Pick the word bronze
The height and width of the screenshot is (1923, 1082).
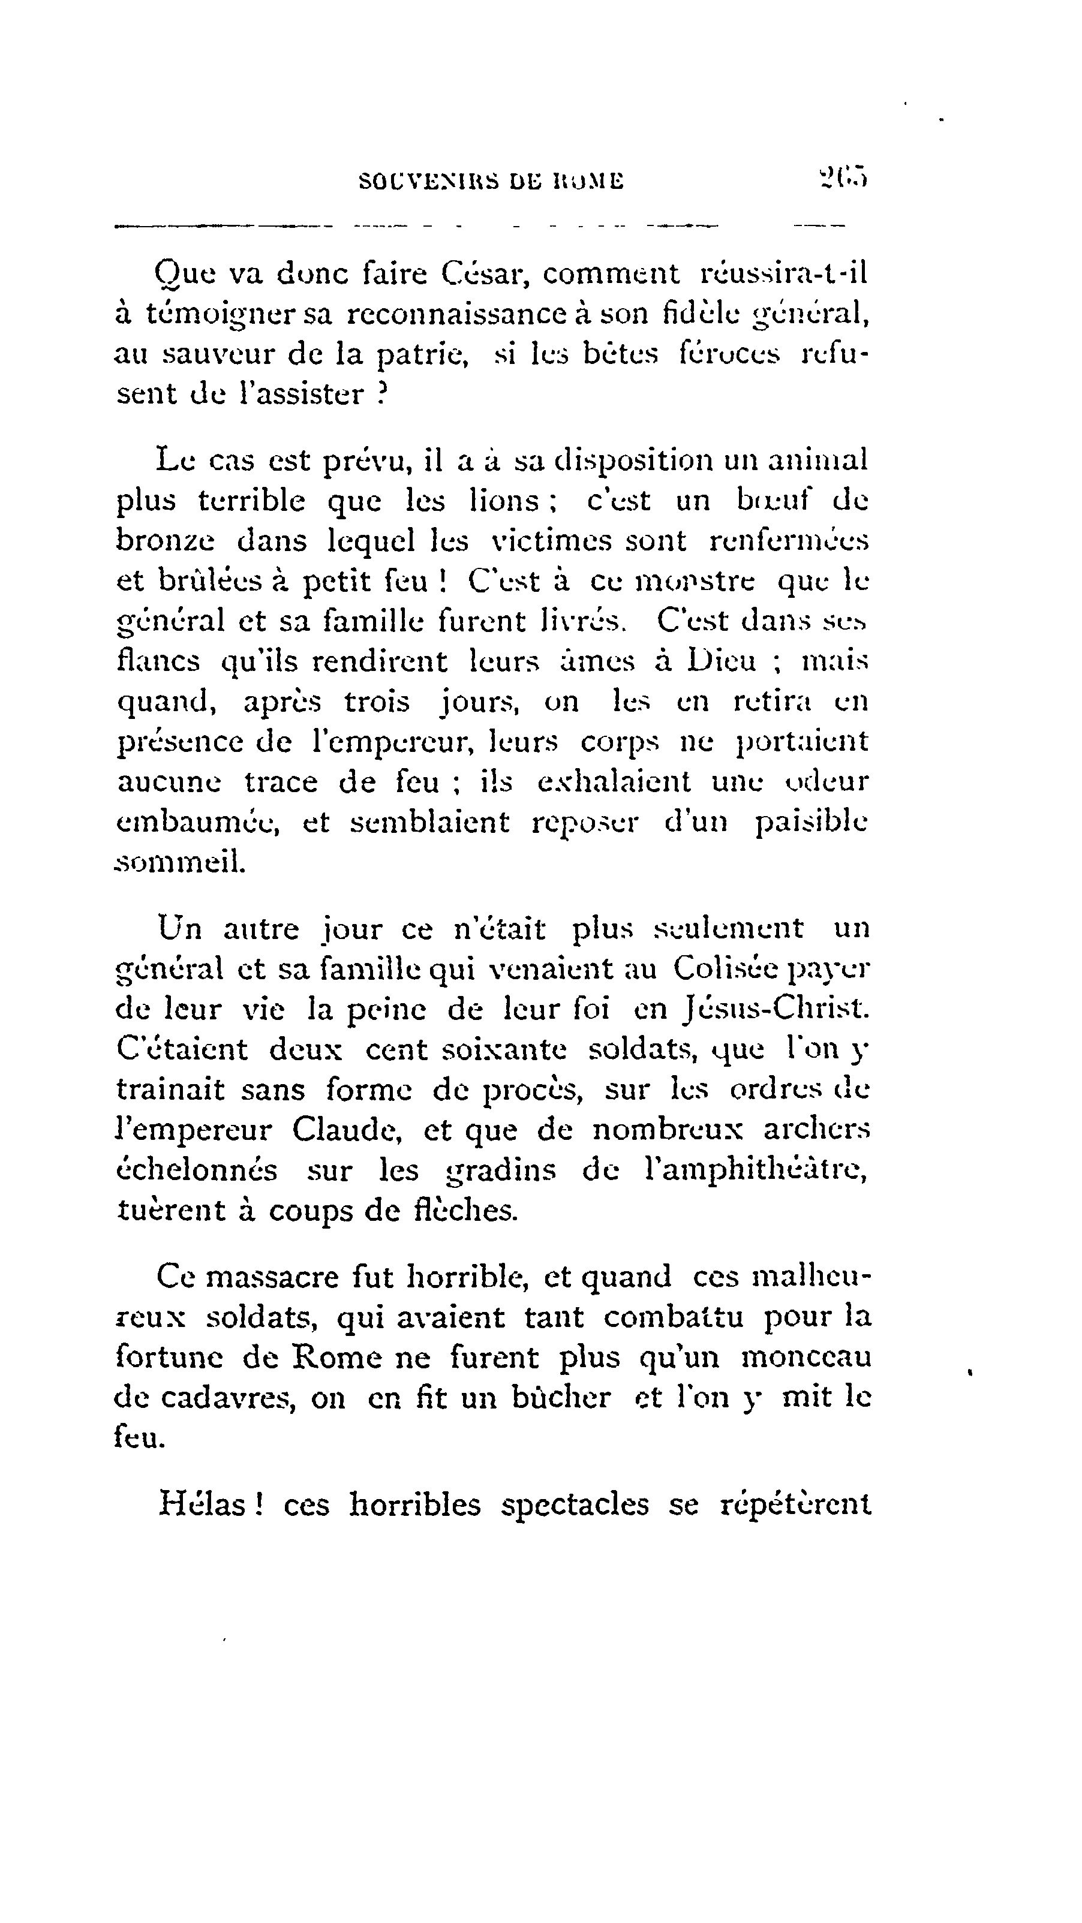click(x=165, y=540)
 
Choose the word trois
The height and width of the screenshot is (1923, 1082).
click(x=376, y=702)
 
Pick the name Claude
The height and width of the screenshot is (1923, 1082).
click(x=347, y=1130)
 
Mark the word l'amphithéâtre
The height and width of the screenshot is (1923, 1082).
click(x=755, y=1170)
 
